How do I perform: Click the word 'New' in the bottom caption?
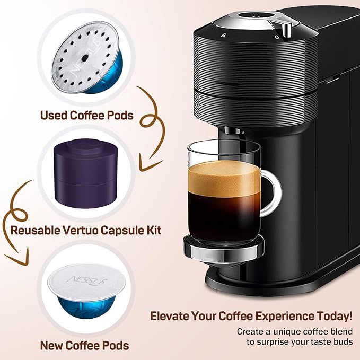click(x=52, y=346)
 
